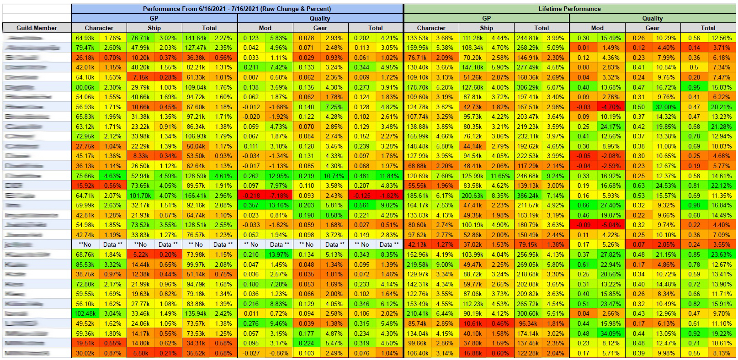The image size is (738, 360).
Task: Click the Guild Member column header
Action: tap(37, 28)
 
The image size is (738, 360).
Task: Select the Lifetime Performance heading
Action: tap(569, 9)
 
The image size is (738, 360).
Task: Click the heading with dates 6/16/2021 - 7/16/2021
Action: tap(237, 9)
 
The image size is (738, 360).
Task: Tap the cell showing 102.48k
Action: tap(85, 313)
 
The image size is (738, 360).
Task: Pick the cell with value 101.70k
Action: tap(140, 196)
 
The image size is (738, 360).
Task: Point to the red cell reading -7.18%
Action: tap(279, 196)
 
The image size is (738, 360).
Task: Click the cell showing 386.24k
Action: tap(528, 196)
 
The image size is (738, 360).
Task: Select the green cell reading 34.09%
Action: tap(611, 334)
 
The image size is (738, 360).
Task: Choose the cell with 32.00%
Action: tap(666, 107)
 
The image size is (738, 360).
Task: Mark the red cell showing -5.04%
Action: tap(611, 225)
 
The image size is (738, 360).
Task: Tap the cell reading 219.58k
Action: tap(417, 264)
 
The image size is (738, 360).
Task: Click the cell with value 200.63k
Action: tap(473, 196)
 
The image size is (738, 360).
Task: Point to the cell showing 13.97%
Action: tap(279, 254)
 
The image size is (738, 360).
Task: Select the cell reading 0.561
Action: tap(361, 205)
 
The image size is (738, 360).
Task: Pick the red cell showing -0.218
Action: tap(251, 196)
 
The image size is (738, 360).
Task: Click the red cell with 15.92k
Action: tap(85, 185)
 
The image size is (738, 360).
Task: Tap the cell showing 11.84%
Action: tap(389, 176)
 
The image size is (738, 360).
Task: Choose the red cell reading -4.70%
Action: tap(611, 107)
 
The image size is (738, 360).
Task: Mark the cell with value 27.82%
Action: tap(611, 254)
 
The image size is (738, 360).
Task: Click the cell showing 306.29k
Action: tap(528, 87)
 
